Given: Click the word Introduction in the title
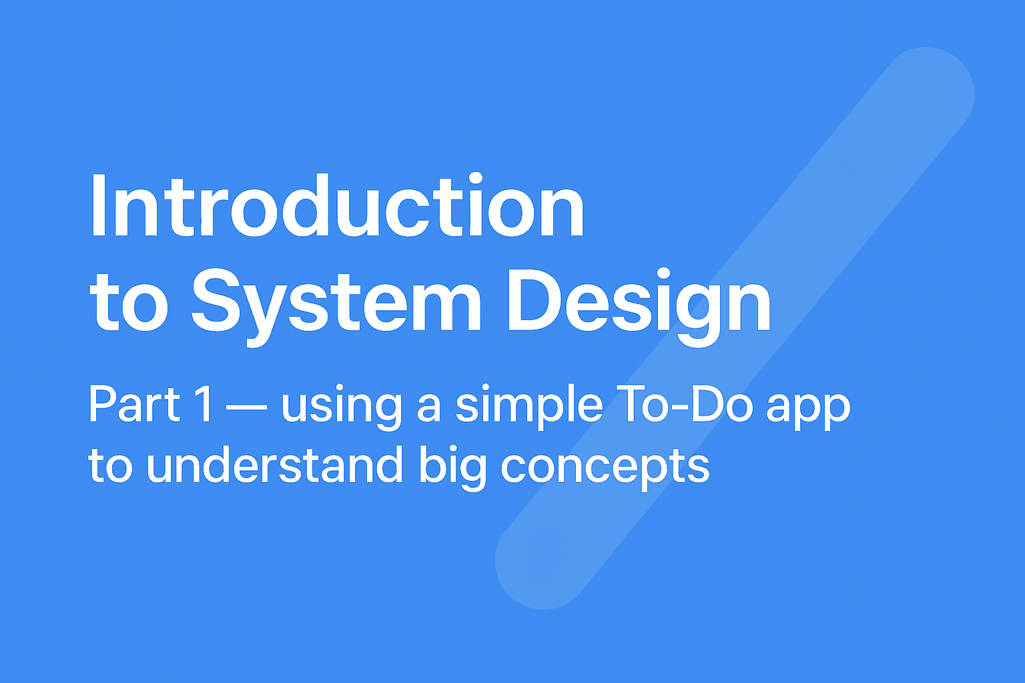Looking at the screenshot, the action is [338, 205].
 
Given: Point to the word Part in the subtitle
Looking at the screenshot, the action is [135, 404].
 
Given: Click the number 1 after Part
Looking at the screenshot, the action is [204, 404].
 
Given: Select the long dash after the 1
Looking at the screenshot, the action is [247, 406].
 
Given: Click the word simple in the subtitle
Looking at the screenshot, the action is [529, 407].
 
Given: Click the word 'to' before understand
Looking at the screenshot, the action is [110, 466].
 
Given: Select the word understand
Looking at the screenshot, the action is [274, 464].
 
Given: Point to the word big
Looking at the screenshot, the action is [452, 468].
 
